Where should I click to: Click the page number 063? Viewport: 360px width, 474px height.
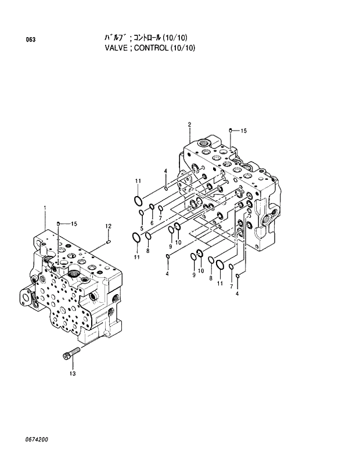click(31, 39)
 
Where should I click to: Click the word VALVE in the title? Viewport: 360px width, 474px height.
click(114, 48)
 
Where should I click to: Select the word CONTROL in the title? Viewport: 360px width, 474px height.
click(150, 48)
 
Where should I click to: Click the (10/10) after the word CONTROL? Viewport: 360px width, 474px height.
click(182, 48)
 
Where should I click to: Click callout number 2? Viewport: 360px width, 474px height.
click(189, 124)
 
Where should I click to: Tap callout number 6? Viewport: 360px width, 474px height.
click(152, 223)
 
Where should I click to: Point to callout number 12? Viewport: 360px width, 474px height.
click(108, 226)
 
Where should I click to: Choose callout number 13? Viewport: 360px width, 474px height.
click(73, 373)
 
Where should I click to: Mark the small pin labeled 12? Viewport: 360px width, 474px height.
click(109, 242)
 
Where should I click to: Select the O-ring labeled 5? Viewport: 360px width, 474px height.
click(142, 213)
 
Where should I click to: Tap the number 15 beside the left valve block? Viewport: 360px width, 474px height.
click(74, 223)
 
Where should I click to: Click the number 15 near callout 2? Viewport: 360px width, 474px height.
click(243, 131)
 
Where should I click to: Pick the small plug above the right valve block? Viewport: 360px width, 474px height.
click(231, 130)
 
